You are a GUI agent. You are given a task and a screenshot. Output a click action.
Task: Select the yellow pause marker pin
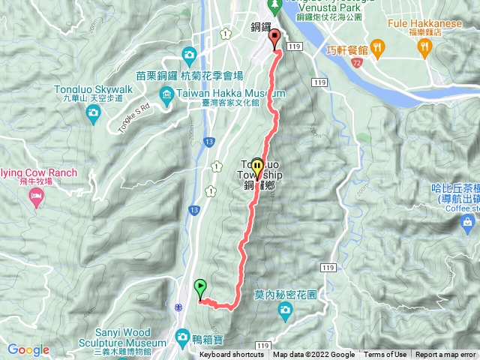[258, 166]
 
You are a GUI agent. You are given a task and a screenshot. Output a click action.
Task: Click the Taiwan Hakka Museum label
[221, 94]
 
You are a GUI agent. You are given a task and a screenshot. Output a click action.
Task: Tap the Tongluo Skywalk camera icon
[93, 113]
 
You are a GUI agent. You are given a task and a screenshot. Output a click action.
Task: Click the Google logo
[28, 349]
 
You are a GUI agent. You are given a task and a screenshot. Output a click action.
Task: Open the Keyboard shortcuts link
[232, 355]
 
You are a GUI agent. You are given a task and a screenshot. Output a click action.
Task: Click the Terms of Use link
[385, 355]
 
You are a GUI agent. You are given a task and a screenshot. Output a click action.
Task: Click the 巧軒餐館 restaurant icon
[378, 49]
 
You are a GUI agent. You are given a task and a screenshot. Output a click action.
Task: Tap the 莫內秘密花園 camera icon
[284, 310]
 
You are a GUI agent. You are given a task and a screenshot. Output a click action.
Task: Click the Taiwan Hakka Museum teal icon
[166, 93]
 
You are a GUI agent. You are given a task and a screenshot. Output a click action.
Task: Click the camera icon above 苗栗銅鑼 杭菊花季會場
[189, 54]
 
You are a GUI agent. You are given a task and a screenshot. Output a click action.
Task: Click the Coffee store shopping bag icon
[469, 223]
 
